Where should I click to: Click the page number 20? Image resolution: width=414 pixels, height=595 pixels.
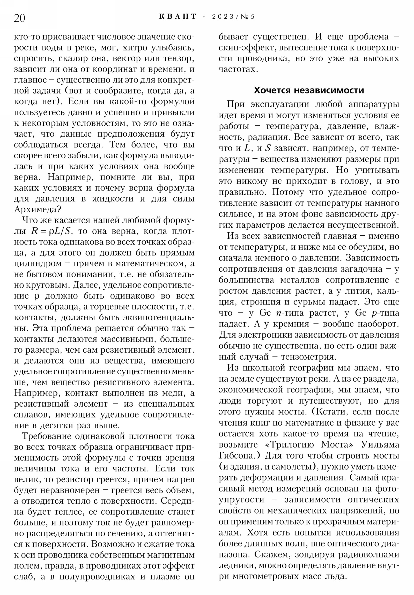[x=20, y=18]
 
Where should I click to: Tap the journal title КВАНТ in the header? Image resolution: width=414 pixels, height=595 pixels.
[x=178, y=17]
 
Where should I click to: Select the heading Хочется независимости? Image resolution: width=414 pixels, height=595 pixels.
[x=309, y=91]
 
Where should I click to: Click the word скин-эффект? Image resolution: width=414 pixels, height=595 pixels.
[x=245, y=48]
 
